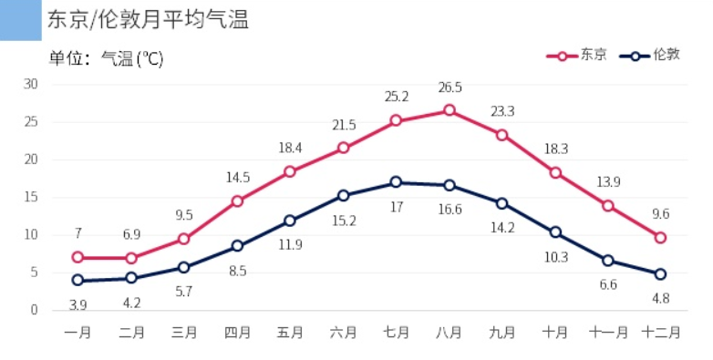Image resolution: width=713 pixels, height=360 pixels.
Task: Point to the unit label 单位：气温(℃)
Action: point(106,58)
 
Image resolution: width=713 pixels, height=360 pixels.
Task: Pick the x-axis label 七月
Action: point(396,333)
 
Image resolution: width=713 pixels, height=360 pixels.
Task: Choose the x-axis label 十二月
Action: point(660,333)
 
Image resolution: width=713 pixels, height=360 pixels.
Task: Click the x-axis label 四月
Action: point(237,333)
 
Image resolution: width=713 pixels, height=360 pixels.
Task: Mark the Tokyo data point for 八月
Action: point(449,110)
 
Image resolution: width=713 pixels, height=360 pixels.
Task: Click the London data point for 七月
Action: point(396,182)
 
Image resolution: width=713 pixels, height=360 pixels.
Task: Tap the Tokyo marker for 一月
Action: point(78,258)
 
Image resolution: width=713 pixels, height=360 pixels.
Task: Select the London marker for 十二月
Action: point(660,273)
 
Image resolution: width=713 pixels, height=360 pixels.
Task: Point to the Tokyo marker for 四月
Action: point(237,201)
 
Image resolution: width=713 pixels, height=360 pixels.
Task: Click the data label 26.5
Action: point(449,87)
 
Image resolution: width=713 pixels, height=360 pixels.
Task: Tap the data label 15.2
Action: point(343,221)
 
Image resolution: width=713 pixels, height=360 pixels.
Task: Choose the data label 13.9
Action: point(607,182)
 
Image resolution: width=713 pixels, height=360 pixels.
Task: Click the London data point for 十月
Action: point(555,232)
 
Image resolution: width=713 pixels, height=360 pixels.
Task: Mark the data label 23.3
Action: point(502,111)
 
